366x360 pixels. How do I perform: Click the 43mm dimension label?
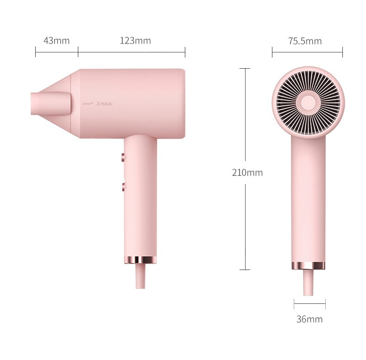click(x=57, y=41)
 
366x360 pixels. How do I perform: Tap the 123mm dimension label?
click(x=135, y=41)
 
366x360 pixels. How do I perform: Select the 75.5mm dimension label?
click(x=305, y=41)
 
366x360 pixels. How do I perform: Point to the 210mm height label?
click(x=247, y=173)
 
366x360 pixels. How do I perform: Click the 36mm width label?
click(x=309, y=319)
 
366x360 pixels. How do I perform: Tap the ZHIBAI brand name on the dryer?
click(x=104, y=104)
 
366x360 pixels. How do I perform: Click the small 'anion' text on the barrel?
click(x=88, y=104)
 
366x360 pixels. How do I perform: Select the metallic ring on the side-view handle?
click(x=140, y=260)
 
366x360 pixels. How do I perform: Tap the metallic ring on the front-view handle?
click(x=308, y=266)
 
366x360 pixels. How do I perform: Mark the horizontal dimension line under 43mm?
click(x=57, y=51)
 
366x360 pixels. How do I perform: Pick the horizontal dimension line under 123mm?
click(x=132, y=51)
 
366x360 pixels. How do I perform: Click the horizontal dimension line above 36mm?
click(x=309, y=304)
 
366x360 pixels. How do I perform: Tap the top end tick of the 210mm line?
click(x=245, y=69)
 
